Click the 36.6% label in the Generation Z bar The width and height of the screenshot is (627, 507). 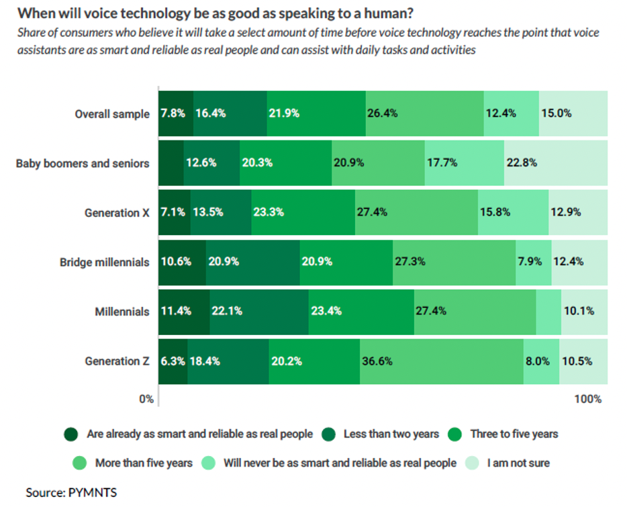(376, 361)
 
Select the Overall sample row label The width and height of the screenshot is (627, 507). (112, 113)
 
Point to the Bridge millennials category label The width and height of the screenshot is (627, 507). (104, 262)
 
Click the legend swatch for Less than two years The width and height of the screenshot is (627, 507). (329, 434)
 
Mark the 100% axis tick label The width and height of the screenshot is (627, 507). (588, 399)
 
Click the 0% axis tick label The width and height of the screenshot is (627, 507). (146, 399)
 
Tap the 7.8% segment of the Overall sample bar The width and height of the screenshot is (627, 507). (173, 113)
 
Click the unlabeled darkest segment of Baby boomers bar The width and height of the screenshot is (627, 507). (171, 163)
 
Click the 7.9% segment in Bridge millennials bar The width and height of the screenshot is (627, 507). (533, 262)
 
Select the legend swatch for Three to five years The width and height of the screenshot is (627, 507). (456, 434)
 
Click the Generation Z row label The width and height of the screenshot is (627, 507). (117, 361)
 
